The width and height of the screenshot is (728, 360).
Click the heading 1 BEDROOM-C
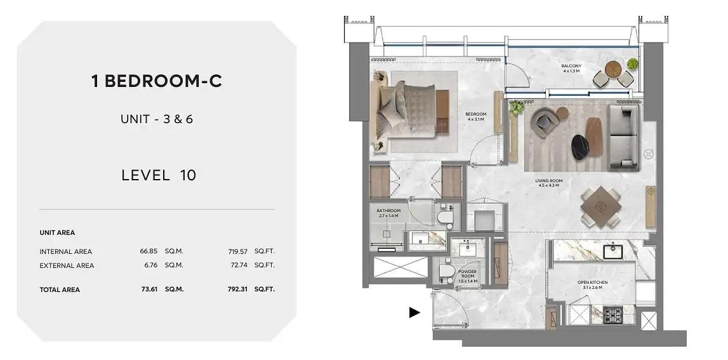point(157,81)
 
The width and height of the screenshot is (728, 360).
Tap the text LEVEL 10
point(159,175)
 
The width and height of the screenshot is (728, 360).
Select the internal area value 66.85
point(149,251)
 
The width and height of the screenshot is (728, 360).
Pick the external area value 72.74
point(238,265)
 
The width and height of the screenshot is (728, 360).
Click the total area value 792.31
point(237,289)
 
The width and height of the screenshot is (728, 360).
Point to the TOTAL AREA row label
point(60,290)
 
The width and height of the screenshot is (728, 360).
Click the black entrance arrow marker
point(414,312)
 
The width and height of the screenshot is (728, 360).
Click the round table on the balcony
point(613,69)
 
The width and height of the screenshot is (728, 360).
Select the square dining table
point(601,207)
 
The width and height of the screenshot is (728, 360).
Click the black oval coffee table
point(580,147)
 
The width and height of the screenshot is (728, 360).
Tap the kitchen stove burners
point(613,315)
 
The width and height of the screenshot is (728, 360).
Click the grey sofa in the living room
point(623,138)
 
